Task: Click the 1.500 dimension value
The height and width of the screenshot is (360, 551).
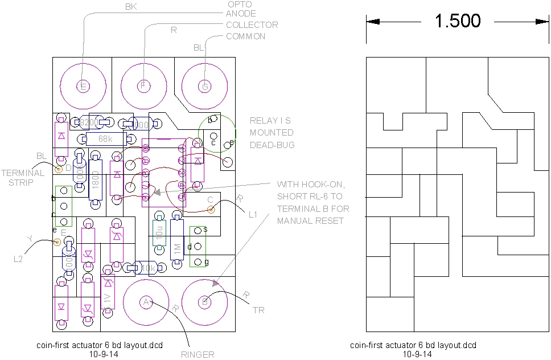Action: [458, 21]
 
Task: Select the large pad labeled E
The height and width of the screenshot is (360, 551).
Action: [83, 87]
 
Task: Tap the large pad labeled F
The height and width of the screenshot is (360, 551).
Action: [143, 86]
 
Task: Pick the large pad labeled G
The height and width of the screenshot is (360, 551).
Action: [204, 87]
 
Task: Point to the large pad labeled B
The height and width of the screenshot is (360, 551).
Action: [205, 301]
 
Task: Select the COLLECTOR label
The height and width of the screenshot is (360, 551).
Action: [252, 25]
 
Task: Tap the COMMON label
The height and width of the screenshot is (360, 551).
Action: [245, 36]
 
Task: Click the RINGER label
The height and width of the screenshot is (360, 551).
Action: [198, 354]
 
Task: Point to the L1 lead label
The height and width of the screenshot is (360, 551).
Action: [254, 215]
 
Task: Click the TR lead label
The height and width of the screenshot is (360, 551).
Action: [258, 310]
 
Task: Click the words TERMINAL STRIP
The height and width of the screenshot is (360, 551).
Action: [22, 177]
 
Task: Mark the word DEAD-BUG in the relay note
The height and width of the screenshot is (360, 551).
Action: [272, 145]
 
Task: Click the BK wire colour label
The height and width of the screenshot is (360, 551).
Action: [130, 7]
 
